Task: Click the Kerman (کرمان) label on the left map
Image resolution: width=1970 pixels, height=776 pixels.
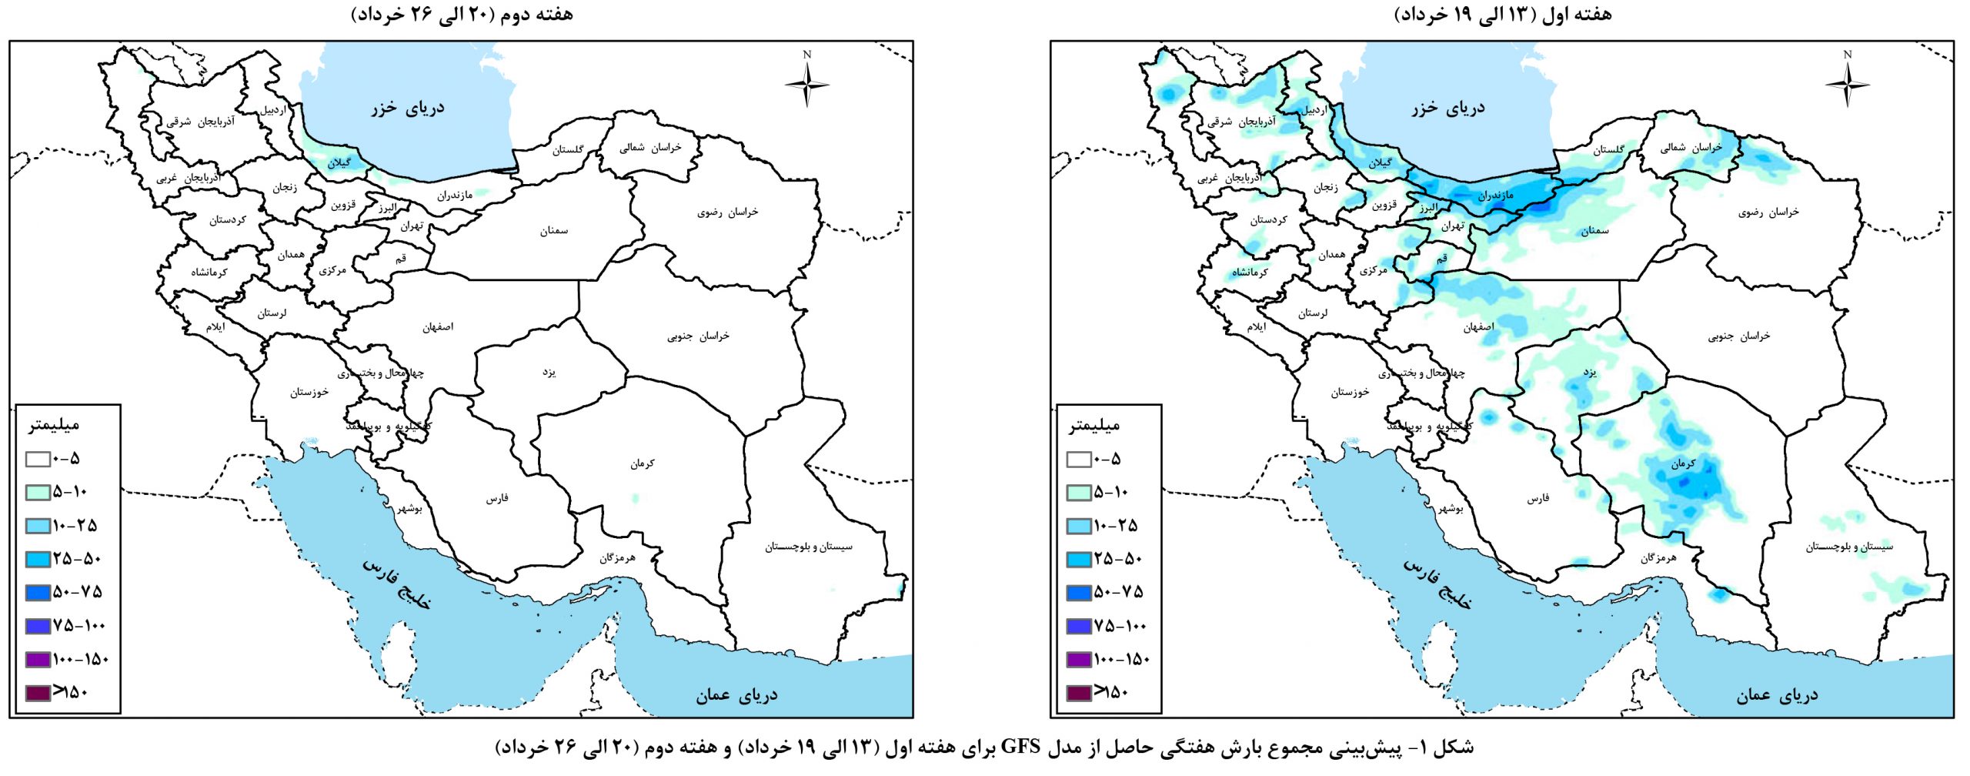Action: [643, 463]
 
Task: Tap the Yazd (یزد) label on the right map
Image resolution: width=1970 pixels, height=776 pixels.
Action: [1590, 373]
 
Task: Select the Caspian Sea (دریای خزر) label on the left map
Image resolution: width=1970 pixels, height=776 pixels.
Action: [407, 108]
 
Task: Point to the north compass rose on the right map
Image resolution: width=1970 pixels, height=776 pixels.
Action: [1847, 83]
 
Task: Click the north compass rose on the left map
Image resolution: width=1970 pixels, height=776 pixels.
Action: [806, 83]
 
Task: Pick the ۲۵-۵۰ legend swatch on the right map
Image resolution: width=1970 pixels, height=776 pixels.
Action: [1079, 560]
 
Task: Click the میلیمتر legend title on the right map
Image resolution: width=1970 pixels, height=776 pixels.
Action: [1094, 425]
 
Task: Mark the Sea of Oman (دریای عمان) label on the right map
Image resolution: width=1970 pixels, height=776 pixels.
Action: [1777, 695]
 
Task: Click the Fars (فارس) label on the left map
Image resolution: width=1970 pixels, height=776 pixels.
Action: [497, 499]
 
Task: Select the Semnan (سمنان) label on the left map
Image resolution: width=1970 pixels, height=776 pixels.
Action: [554, 231]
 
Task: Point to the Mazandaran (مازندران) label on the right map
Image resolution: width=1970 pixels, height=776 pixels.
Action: [1495, 196]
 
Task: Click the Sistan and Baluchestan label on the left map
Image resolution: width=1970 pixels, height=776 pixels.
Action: [808, 547]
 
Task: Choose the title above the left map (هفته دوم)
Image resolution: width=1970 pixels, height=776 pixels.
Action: [462, 15]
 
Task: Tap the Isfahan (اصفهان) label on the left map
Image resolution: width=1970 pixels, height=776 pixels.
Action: [438, 327]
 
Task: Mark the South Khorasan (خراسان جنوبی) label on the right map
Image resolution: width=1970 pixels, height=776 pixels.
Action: [1739, 336]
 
